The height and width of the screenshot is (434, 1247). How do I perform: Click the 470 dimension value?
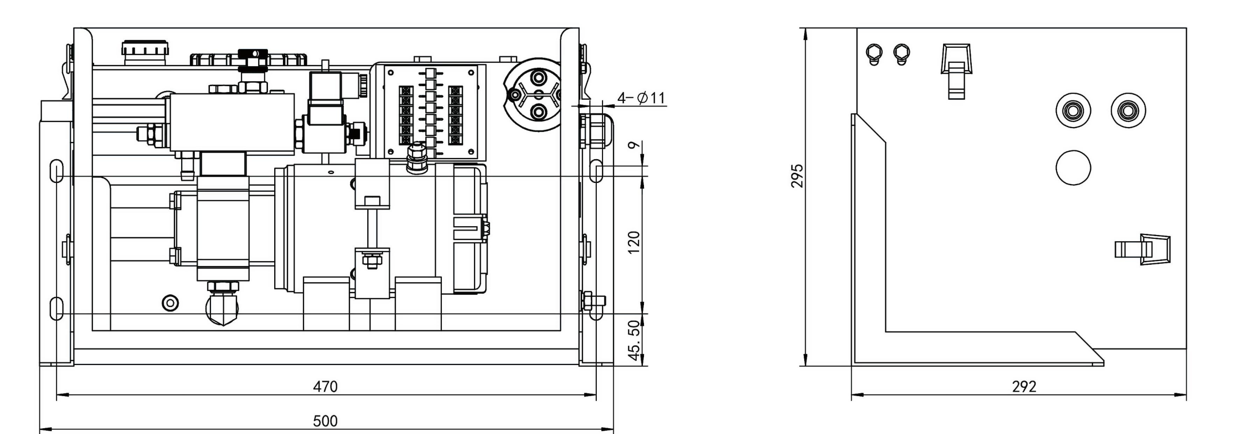point(325,386)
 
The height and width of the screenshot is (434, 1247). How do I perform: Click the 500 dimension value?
point(325,420)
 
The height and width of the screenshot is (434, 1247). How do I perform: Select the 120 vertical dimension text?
point(634,242)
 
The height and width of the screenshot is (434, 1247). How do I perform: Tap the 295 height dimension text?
point(797,176)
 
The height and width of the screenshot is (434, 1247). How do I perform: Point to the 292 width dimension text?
point(1024,386)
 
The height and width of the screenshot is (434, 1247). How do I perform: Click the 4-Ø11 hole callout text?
point(641,98)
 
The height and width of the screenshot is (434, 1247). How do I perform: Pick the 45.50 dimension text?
point(634,341)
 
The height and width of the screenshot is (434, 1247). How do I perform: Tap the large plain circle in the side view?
point(1073,168)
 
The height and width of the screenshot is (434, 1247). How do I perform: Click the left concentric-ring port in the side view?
point(1073,111)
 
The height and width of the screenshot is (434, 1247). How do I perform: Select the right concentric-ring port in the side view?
point(1128,111)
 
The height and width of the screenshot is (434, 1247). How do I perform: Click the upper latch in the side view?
point(956,71)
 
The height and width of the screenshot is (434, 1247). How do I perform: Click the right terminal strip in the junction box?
point(455,116)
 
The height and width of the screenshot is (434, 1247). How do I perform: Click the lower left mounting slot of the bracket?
point(57,308)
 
